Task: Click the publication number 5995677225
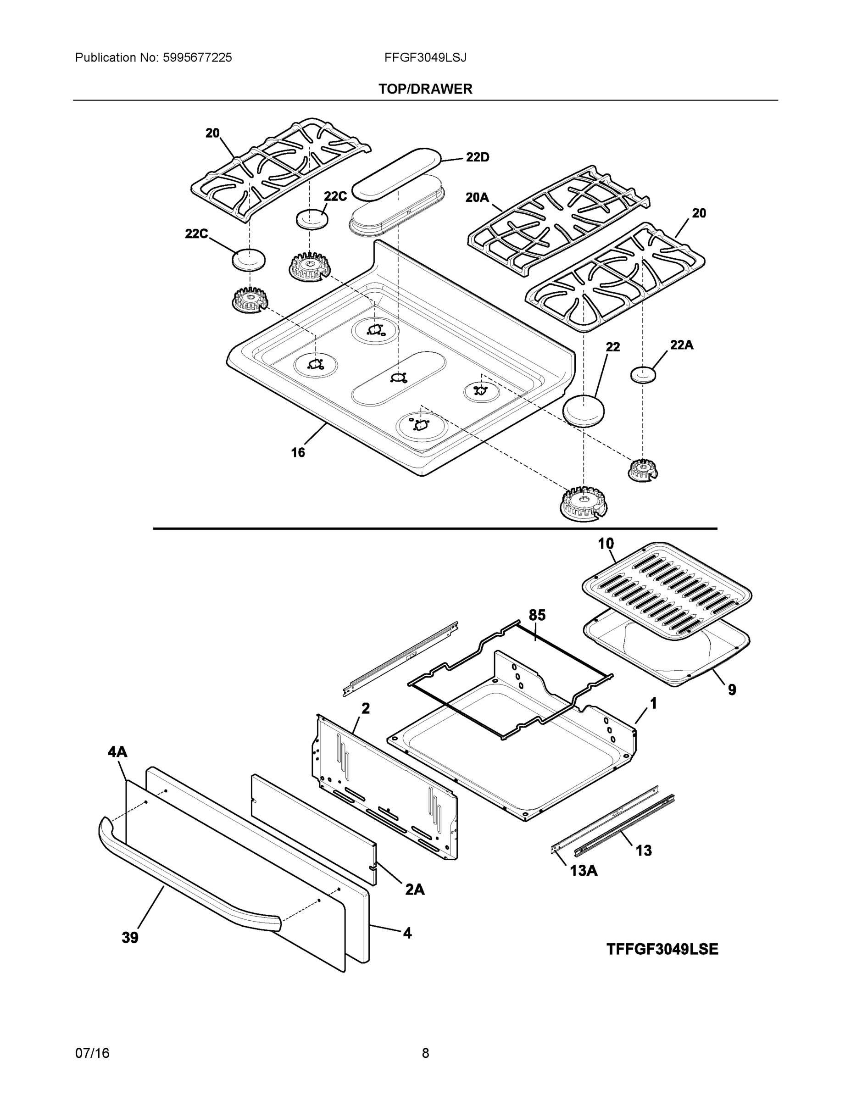pyautogui.click(x=197, y=57)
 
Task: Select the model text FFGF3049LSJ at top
pyautogui.click(x=425, y=57)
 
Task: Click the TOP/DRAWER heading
pyautogui.click(x=425, y=89)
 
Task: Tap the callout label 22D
pyautogui.click(x=477, y=157)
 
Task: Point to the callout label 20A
pyautogui.click(x=477, y=198)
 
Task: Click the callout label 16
pyautogui.click(x=298, y=452)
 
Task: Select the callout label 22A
pyautogui.click(x=682, y=345)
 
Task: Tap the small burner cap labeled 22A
pyautogui.click(x=644, y=375)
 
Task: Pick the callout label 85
pyautogui.click(x=537, y=615)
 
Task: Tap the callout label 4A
pyautogui.click(x=117, y=753)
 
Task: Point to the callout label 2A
pyautogui.click(x=414, y=890)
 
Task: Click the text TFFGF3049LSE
pyautogui.click(x=662, y=949)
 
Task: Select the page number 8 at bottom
pyautogui.click(x=425, y=1053)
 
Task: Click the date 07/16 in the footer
pyautogui.click(x=92, y=1053)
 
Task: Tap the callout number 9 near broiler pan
pyautogui.click(x=732, y=690)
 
